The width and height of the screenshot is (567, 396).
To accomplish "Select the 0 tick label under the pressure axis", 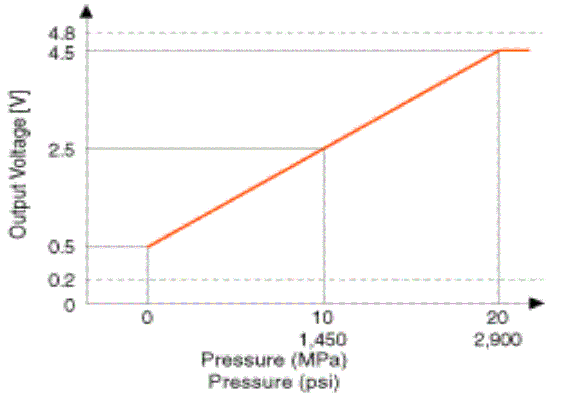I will pos(147,317).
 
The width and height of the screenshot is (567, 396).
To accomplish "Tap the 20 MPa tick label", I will pos(498,317).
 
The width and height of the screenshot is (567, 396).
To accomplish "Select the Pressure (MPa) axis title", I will pos(275,360).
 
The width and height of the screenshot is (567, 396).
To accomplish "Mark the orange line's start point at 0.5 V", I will pos(148,246).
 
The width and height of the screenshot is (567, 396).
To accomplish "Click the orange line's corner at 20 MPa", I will pos(498,51).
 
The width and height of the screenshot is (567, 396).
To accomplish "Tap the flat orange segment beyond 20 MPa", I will pos(514,51).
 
